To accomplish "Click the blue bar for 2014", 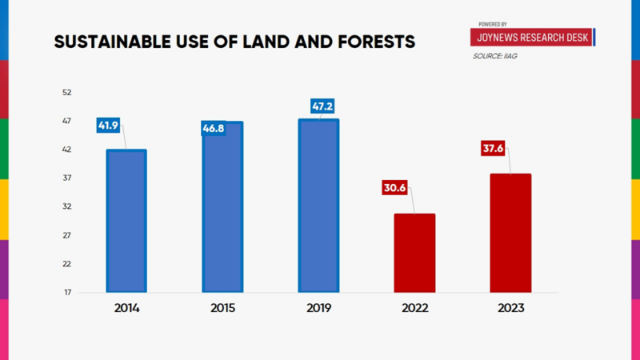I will click(x=126, y=221).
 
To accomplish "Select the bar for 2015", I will click(x=222, y=207).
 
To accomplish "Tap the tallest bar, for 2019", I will click(x=318, y=206).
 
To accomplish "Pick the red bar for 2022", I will click(x=414, y=253).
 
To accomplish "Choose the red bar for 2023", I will click(x=510, y=233).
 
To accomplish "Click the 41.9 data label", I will click(x=108, y=126).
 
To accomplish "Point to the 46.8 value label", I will click(x=214, y=128).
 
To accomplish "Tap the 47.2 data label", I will click(x=323, y=106).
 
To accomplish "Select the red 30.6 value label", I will click(x=394, y=189).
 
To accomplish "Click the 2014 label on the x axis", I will click(x=126, y=308).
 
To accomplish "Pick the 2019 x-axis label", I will click(x=318, y=308).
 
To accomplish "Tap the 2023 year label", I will click(x=510, y=308).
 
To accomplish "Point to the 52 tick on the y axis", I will click(x=67, y=93).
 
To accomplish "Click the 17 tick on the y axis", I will click(x=67, y=293).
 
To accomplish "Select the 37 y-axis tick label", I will click(x=67, y=178).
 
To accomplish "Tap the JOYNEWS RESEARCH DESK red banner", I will click(x=532, y=38).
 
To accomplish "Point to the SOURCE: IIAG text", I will click(x=494, y=56).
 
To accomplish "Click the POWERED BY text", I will click(x=493, y=24).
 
